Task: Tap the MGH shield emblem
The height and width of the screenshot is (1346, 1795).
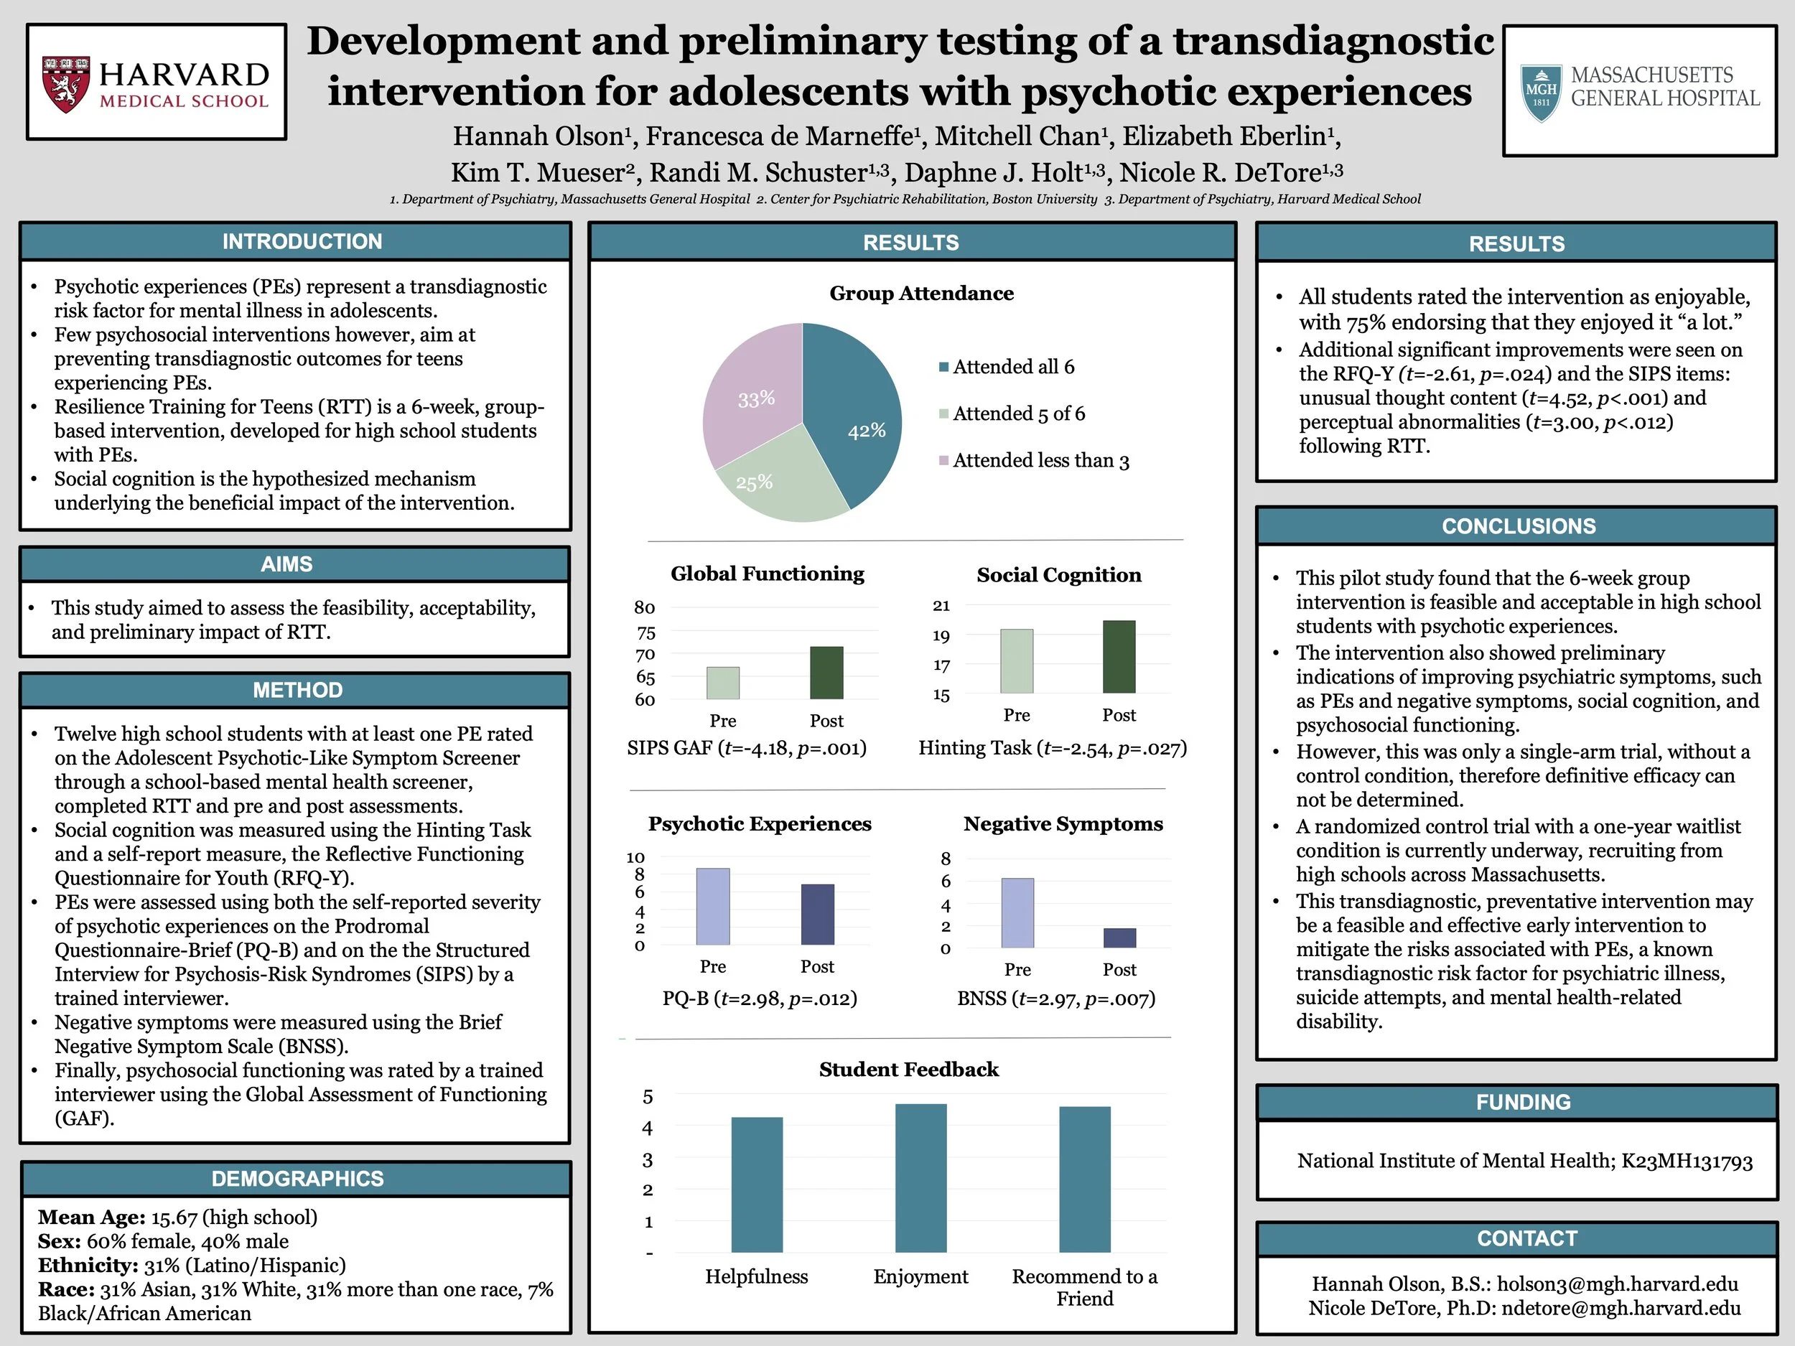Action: (x=1540, y=93)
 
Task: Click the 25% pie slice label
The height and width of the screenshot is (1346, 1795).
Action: (x=754, y=482)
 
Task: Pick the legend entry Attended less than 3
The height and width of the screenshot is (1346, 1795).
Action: (x=1040, y=461)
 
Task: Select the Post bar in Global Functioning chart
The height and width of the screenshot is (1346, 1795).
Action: (x=826, y=673)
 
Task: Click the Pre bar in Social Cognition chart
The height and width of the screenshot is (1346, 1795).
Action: (x=1016, y=661)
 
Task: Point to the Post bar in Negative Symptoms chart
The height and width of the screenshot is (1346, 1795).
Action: (x=1119, y=938)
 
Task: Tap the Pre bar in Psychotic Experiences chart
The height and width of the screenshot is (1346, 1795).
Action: (x=712, y=906)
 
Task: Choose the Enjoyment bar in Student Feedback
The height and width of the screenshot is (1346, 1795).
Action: (x=920, y=1177)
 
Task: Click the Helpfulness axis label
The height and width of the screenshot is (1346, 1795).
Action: (x=756, y=1276)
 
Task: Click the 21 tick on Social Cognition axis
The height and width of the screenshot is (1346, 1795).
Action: (x=941, y=605)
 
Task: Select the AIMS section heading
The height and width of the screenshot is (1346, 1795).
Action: (x=286, y=564)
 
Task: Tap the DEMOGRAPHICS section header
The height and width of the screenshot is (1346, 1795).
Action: (x=297, y=1178)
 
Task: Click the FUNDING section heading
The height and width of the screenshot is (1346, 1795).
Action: (x=1522, y=1102)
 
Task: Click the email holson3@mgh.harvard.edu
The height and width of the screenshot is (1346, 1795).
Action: (x=1616, y=1284)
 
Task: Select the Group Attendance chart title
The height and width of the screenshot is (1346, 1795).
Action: (x=921, y=293)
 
